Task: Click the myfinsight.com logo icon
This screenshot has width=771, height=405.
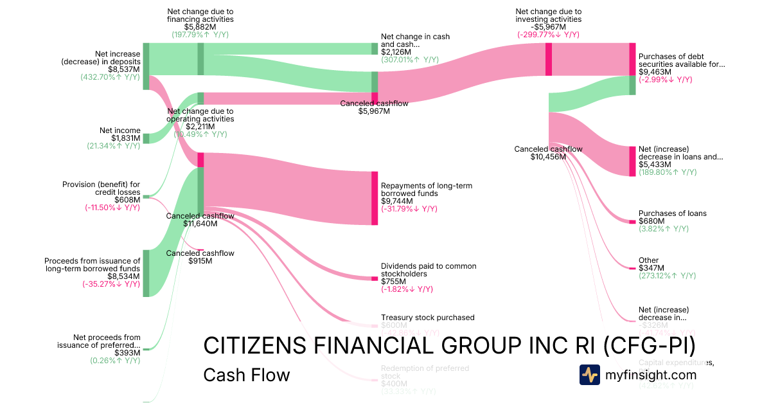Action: point(590,374)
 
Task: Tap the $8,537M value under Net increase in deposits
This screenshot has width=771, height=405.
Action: point(124,69)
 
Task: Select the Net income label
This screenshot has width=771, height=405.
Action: point(120,130)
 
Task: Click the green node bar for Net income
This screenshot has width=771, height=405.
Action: point(146,138)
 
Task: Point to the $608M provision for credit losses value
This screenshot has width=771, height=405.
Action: point(127,200)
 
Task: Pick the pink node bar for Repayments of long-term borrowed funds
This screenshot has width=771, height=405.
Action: point(375,198)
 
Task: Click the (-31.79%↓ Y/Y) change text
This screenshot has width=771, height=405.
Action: point(409,209)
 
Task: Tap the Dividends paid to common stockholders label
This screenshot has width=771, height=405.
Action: point(429,270)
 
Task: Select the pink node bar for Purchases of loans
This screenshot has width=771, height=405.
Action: point(632,222)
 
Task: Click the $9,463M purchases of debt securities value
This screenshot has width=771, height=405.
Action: point(655,72)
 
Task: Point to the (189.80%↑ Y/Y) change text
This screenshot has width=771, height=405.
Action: point(668,172)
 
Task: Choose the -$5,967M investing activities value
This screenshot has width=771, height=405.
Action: point(548,26)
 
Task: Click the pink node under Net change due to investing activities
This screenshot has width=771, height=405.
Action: point(549,59)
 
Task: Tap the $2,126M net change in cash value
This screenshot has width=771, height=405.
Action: point(396,52)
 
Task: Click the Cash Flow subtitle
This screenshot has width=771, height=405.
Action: point(246,375)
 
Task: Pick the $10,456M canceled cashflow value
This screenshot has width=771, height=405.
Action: point(548,157)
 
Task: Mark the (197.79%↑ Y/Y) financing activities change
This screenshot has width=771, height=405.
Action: point(200,35)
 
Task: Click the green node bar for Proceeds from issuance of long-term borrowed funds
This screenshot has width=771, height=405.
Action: point(146,273)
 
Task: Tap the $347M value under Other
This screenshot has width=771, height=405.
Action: point(651,268)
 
